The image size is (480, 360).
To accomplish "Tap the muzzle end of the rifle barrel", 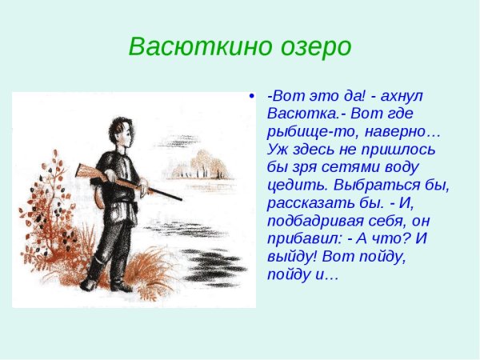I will click(x=181, y=199).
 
